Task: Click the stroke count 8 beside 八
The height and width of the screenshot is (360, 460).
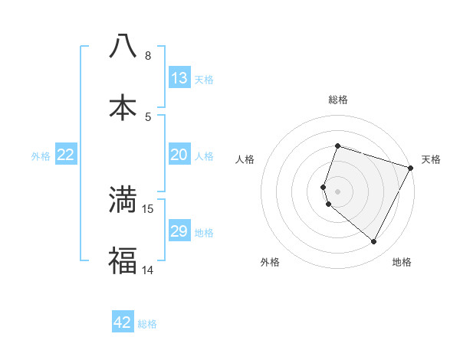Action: point(147,55)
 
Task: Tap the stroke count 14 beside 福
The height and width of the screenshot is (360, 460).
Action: point(147,270)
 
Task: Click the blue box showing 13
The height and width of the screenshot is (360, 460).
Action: point(179,78)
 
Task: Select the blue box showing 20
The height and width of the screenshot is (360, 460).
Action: point(179,155)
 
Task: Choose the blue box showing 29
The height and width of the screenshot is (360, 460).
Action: point(179,231)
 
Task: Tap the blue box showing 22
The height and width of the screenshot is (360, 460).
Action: point(65,155)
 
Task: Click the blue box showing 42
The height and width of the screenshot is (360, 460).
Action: point(123,322)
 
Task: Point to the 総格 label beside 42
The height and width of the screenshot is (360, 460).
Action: point(147,324)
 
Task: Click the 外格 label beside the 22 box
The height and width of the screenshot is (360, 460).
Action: point(41,156)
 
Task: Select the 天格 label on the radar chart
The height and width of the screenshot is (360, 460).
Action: point(432,159)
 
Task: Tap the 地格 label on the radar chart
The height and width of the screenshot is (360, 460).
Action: point(402,262)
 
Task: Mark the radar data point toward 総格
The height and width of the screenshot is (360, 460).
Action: point(337,146)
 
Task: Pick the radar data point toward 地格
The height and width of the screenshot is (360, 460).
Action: point(373,241)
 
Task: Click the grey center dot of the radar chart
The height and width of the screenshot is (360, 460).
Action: point(337,191)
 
